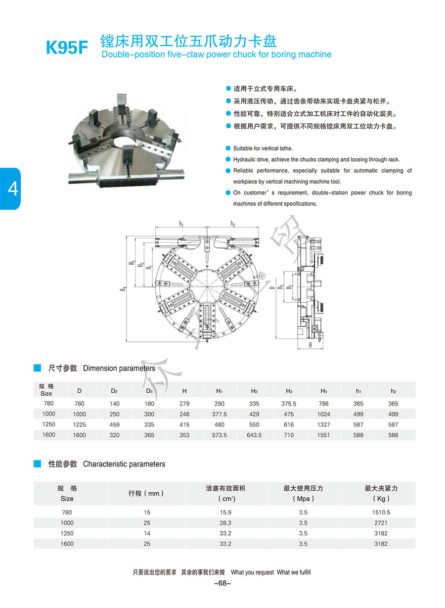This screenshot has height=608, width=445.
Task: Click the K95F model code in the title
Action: point(67,48)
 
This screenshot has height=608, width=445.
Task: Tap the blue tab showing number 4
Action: point(10,188)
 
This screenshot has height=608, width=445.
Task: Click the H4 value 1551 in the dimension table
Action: point(323,435)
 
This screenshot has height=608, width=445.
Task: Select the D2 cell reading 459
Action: point(114,424)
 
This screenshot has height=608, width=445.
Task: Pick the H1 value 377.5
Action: point(219,414)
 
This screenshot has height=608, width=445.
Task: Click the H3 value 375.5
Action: point(289,404)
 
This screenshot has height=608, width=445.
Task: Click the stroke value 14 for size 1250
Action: point(146,533)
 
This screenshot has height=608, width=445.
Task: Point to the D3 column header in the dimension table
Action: point(149,391)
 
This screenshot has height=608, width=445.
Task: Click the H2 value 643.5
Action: point(254,435)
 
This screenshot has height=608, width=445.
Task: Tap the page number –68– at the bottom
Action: point(222,583)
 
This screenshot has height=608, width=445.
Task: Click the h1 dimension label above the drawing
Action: point(181,224)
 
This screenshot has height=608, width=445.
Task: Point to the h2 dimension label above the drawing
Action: point(232,224)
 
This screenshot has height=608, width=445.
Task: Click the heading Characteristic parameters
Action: point(124,464)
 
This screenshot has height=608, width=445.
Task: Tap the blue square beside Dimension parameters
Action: point(37,368)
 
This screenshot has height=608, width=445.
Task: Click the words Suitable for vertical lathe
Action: point(263,148)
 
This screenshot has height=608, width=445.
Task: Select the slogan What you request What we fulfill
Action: point(271,572)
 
